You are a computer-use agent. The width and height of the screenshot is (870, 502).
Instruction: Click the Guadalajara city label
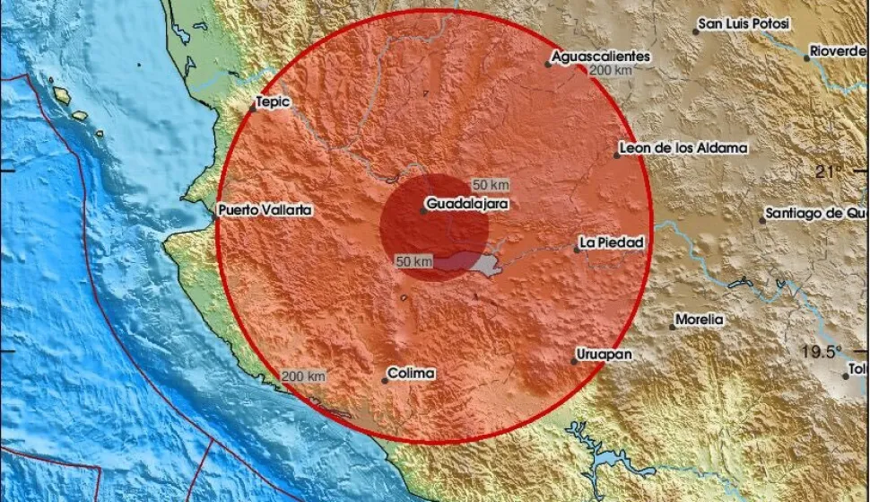467,205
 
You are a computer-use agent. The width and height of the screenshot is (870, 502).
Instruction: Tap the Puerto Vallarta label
264,210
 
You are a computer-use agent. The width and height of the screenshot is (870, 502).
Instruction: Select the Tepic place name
274,102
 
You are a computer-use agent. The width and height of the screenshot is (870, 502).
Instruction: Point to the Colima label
411,373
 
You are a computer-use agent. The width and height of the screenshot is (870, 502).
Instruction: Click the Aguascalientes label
600,57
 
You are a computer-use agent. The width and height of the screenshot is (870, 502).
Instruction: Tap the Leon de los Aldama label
683,148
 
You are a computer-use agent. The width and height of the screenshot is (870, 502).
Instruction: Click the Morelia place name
700,320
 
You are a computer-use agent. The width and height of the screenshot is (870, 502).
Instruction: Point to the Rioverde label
838,52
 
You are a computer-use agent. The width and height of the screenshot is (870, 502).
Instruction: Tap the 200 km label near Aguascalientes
613,71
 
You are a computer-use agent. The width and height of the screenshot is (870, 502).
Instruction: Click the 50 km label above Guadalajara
491,185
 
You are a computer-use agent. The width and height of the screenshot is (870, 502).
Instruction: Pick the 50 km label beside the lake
414,261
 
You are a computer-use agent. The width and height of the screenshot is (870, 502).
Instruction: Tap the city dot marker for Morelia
673,327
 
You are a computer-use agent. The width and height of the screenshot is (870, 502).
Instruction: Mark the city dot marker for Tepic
253,109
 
